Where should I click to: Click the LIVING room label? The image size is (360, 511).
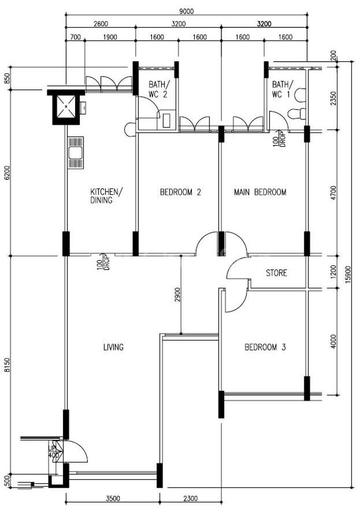click(113, 347)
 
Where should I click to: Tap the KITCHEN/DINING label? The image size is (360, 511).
click(106, 196)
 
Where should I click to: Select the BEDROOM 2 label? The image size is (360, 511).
click(180, 192)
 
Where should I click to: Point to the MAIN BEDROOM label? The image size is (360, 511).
click(260, 192)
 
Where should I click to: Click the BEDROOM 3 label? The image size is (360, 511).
click(265, 347)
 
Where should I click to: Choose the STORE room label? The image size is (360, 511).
click(276, 273)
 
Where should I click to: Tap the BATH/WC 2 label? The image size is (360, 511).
click(159, 89)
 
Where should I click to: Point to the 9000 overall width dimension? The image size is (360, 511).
click(186, 12)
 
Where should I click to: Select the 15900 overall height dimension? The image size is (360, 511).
click(348, 275)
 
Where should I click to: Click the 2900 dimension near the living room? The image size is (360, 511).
click(177, 295)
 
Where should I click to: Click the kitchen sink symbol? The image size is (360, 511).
click(76, 152)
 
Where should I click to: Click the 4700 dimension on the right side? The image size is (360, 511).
click(333, 193)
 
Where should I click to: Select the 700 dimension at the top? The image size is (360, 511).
click(76, 37)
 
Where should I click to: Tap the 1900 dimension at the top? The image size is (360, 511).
click(110, 37)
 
